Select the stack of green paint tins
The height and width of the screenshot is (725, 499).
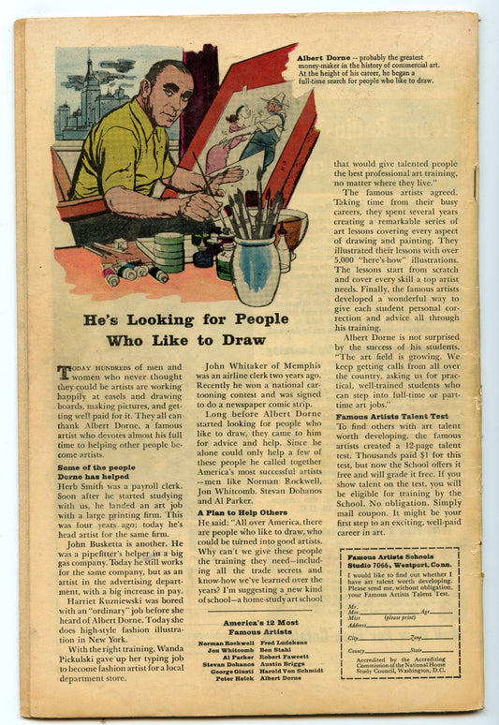point(169,251)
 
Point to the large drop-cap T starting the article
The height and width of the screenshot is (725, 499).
point(64,372)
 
